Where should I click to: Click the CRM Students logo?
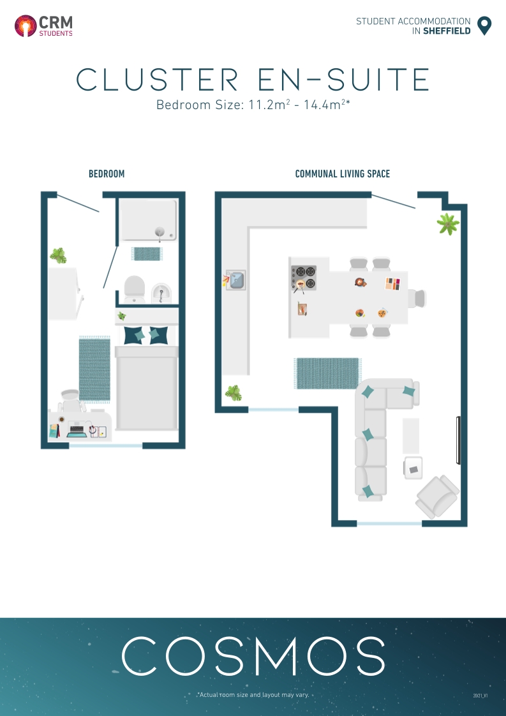tap(43, 26)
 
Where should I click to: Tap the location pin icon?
tap(484, 26)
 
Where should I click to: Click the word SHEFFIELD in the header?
tap(447, 31)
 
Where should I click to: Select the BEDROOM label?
tap(107, 174)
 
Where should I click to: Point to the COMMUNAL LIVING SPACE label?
tap(343, 174)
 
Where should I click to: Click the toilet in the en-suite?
tap(134, 288)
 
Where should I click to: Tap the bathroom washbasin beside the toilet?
tap(162, 292)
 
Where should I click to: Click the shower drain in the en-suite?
tap(160, 232)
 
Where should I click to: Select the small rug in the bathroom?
tap(146, 253)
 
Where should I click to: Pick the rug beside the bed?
tap(94, 369)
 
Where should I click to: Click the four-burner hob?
tap(304, 277)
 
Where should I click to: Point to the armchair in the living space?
tap(437, 496)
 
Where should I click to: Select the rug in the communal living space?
tap(327, 373)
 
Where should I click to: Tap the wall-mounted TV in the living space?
tap(458, 440)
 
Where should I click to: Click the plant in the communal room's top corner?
tap(448, 223)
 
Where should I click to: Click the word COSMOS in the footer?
tap(253, 655)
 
